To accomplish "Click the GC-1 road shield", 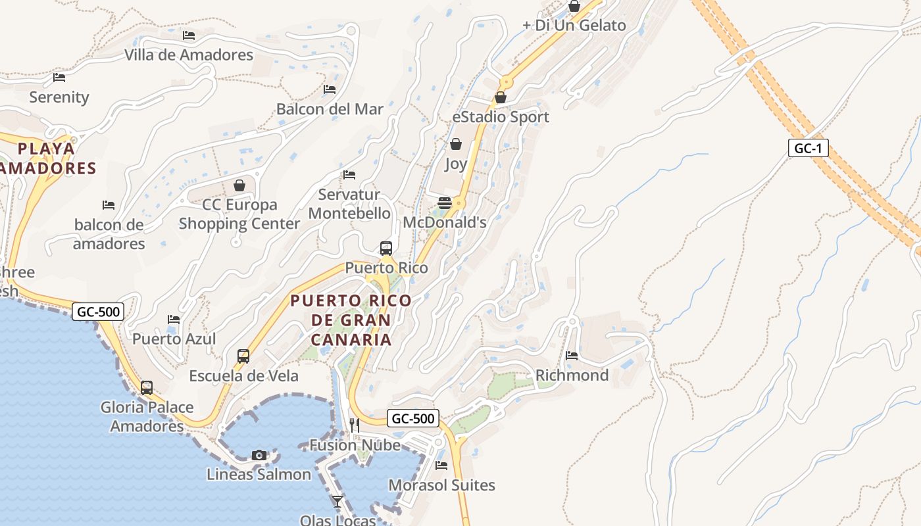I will point(808,148).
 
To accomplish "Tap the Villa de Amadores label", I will point(189,55).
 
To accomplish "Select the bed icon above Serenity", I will point(59,78).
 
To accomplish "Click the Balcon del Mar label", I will point(330,109).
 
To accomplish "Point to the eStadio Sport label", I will point(501,117).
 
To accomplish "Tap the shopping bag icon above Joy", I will point(456,144).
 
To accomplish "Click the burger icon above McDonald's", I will point(445,203).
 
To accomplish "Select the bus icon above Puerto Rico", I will point(386,249).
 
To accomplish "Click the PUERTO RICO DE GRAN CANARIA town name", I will point(351,320).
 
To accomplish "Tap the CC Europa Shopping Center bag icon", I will point(239,185).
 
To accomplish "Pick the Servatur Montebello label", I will point(349,204).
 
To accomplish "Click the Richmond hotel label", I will point(572,375).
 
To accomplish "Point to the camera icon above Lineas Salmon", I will point(259,455).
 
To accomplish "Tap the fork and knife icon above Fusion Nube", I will point(355,425).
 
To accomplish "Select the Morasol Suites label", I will point(441,485).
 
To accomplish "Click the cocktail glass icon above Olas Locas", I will point(337,502).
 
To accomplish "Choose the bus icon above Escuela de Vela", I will point(243,356).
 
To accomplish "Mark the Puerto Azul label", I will point(174,339).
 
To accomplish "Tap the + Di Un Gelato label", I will point(574,26).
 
